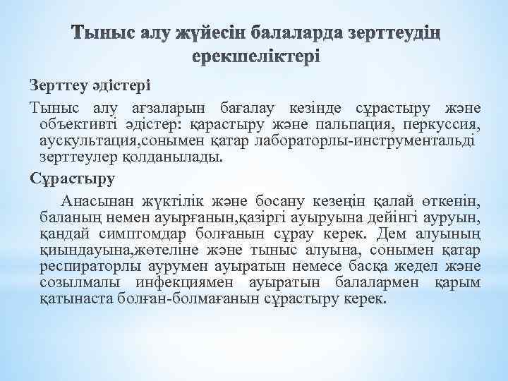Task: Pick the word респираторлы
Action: (x=91, y=266)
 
